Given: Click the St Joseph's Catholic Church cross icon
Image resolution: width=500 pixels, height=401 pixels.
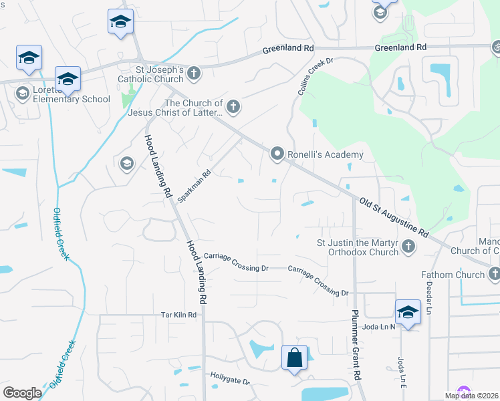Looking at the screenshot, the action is click(194, 73).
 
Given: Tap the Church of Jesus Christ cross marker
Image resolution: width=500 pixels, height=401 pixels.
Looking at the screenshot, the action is click(233, 106).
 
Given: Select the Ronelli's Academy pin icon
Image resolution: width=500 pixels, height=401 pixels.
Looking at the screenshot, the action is click(277, 154).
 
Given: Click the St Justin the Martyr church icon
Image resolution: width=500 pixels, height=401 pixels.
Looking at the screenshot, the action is click(408, 247).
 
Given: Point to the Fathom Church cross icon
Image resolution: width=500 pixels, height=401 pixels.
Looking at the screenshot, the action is click(494, 274).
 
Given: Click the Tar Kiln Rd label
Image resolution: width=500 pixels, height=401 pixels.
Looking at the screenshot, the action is click(178, 315).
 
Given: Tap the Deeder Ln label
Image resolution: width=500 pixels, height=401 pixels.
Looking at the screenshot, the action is click(428, 295).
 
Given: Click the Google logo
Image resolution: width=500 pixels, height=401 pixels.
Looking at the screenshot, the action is click(21, 393).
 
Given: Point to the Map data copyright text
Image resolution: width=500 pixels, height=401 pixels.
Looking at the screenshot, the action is click(472, 396).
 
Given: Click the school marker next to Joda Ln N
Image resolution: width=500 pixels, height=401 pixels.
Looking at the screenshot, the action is click(408, 311).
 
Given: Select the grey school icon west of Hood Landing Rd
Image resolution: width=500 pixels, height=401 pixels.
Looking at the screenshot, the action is click(126, 163).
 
